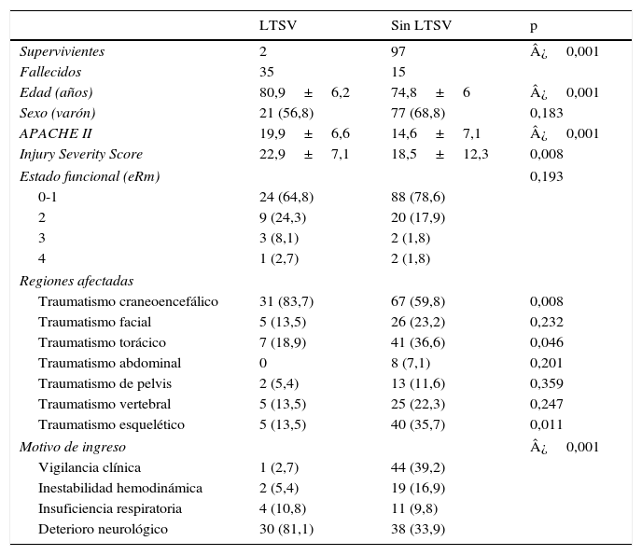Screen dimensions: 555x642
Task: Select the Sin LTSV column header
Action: coord(421,25)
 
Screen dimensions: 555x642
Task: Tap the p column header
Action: coord(534,25)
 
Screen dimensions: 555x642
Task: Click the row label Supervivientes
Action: coord(62,51)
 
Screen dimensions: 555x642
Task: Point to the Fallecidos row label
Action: coord(50,72)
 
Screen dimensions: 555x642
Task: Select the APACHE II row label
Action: coord(55,133)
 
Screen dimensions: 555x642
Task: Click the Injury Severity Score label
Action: coord(81,154)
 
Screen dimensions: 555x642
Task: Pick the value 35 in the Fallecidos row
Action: coord(266,72)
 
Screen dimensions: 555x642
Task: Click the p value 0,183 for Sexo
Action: coord(546,113)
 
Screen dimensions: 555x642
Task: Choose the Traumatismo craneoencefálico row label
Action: coord(128,301)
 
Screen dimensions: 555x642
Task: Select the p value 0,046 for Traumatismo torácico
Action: coord(546,342)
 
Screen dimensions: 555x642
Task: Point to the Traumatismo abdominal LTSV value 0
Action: coord(263,363)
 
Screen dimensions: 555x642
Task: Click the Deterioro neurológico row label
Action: coord(103,529)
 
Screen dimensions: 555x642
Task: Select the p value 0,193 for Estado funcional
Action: coord(546,176)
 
